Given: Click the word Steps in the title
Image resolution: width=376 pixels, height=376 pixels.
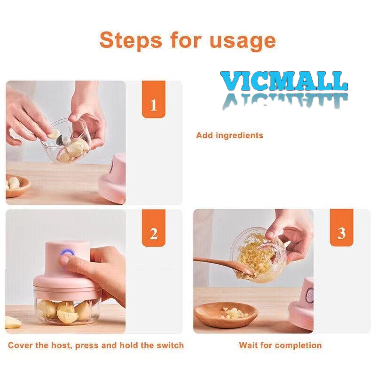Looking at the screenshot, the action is point(131,40).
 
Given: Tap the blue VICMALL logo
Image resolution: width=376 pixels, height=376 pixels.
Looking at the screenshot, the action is point(284,81).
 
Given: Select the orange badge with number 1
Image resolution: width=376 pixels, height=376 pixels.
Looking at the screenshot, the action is point(154,99).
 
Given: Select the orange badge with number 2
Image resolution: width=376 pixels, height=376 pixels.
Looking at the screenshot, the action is point(154,228).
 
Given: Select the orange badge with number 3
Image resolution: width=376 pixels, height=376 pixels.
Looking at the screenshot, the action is point(342,227).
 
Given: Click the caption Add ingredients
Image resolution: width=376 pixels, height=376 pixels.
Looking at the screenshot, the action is point(229,135).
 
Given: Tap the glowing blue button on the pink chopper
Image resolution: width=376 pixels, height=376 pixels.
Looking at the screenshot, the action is point(67,253).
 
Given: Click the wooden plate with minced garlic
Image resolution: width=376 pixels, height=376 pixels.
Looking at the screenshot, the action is point(226,314).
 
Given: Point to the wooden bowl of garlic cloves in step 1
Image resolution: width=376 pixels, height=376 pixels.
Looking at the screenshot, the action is point(17,186).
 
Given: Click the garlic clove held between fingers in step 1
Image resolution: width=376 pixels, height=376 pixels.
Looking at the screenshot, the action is point(54,133).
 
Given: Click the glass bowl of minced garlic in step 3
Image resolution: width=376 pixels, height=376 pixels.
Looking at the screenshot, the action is point(258,255).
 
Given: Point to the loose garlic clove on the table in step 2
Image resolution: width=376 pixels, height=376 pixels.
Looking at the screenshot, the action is point(13,322).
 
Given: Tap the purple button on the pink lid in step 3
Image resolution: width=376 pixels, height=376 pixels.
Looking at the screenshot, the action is point(310,296).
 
